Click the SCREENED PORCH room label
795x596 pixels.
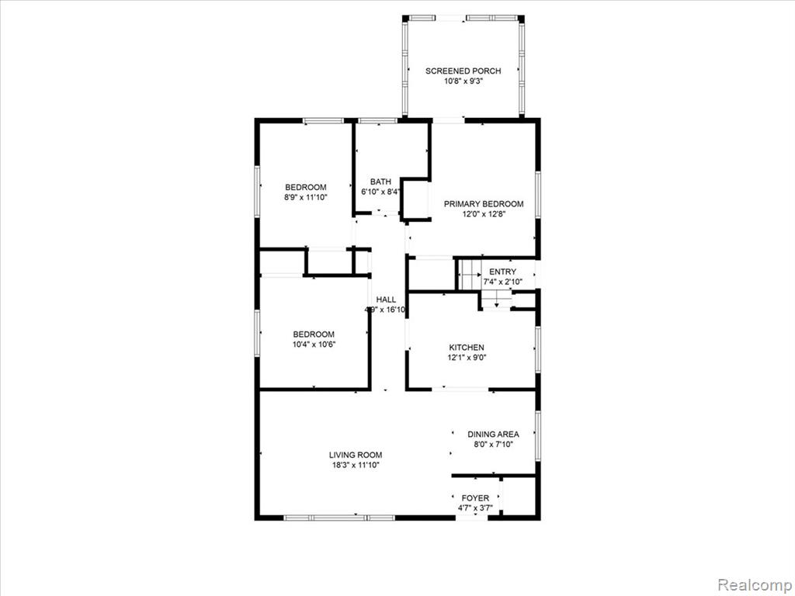463,71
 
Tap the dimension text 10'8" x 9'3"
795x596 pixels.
463,81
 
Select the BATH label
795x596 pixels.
380,182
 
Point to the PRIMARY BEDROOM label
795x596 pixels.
484,204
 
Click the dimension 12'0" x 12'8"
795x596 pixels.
484,214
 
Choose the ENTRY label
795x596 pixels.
502,272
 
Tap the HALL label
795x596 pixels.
386,300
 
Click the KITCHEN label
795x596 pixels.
467,348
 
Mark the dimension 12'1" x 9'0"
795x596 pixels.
467,358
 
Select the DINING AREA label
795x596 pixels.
493,435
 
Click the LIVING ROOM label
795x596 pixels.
356,455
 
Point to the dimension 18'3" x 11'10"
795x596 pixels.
356,466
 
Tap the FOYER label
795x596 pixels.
475,498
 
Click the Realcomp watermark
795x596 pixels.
754,584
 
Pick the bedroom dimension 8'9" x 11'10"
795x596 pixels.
306,197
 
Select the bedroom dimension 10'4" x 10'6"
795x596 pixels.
314,345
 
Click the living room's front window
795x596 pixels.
339,518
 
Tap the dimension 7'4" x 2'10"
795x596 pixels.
502,282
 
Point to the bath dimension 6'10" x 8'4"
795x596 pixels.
380,192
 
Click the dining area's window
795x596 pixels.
538,435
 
